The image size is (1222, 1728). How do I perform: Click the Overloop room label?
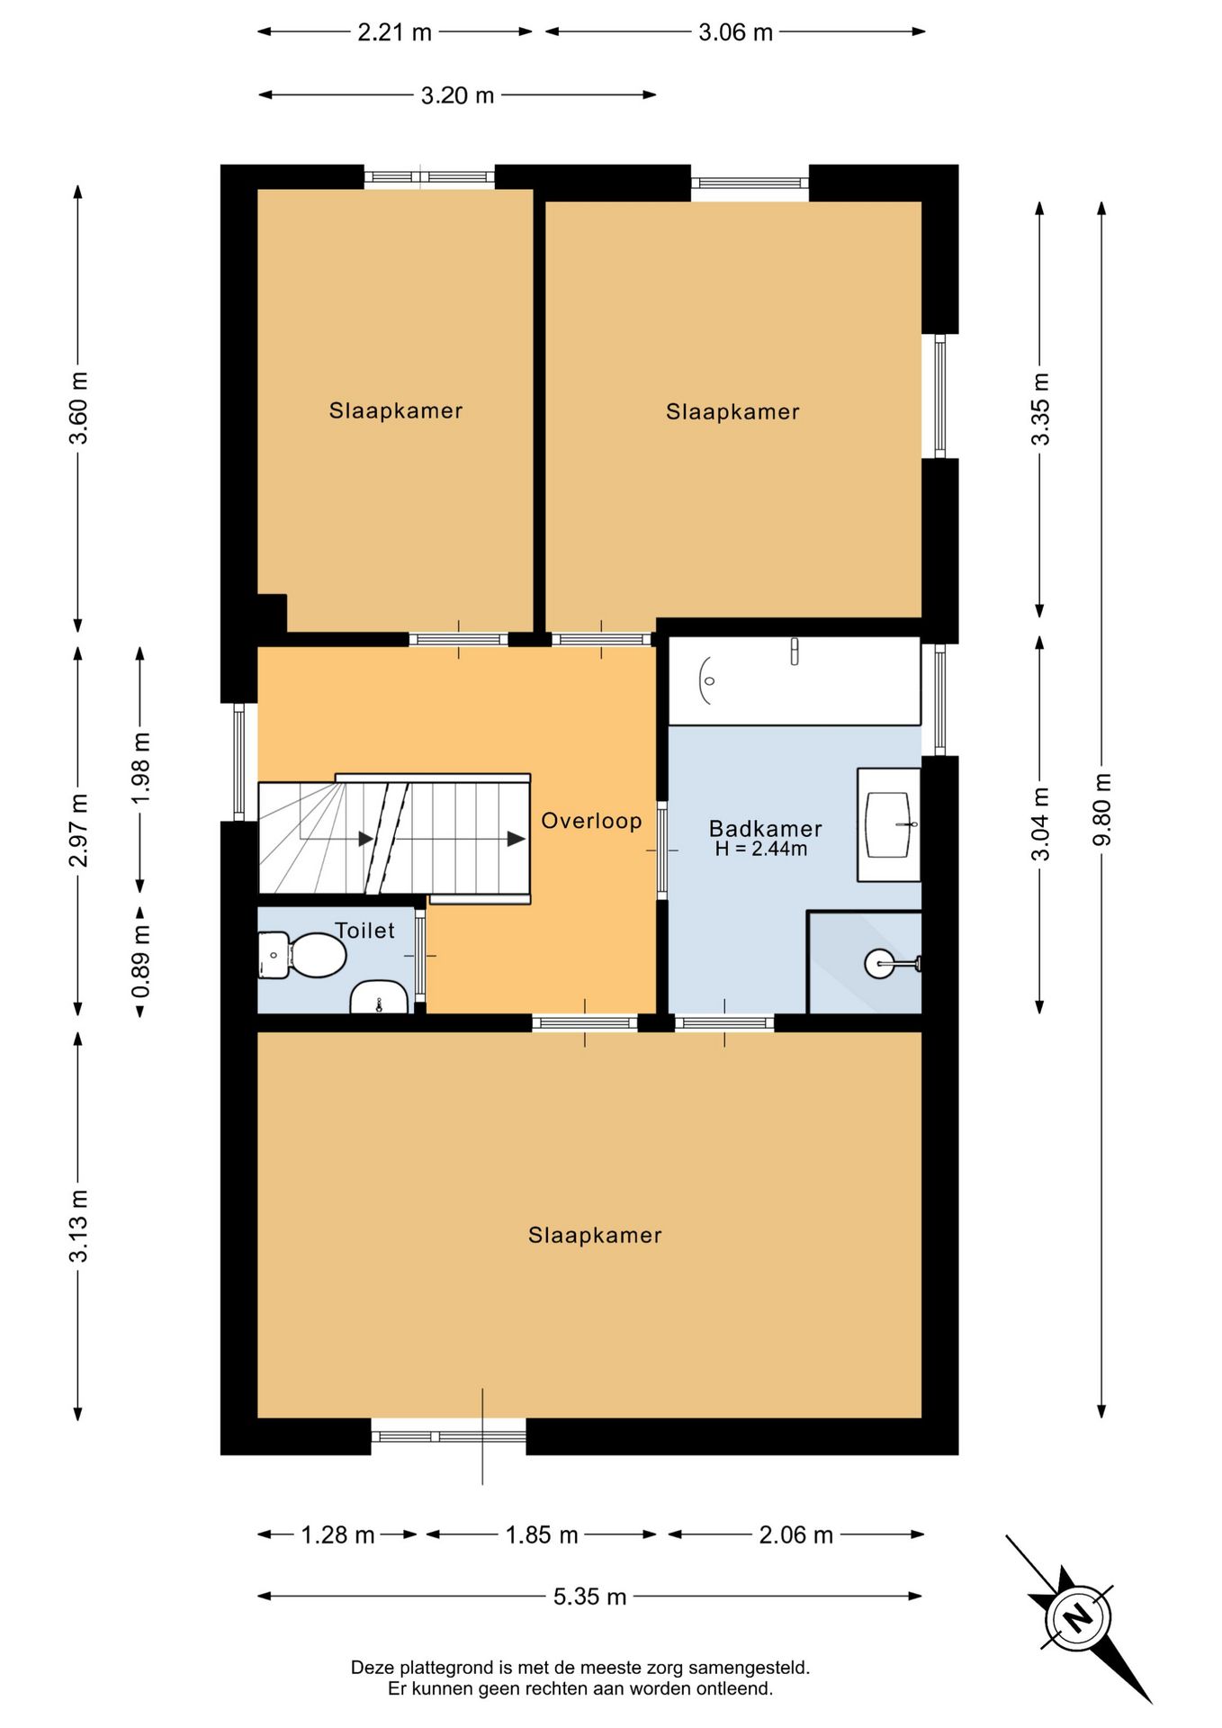[591, 821]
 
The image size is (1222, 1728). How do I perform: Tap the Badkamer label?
[766, 828]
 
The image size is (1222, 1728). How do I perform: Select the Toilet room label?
[364, 931]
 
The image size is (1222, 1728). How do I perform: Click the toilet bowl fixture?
[302, 955]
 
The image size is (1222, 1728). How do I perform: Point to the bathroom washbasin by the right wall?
[889, 824]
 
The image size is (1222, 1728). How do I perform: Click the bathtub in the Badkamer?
[795, 680]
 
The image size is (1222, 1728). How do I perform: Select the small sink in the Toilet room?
[379, 997]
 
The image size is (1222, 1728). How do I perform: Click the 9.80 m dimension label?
[1102, 809]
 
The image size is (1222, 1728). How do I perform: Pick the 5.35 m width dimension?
[589, 1597]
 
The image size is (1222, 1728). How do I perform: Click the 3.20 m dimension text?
[457, 95]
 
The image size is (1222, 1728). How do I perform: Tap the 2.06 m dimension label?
[795, 1534]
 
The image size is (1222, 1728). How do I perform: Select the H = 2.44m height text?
[761, 849]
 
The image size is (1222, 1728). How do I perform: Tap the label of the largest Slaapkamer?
[595, 1235]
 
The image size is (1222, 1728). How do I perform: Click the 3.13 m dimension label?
[79, 1225]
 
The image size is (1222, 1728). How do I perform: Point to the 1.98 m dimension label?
[141, 769]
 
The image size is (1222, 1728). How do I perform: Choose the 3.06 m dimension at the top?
[735, 32]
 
